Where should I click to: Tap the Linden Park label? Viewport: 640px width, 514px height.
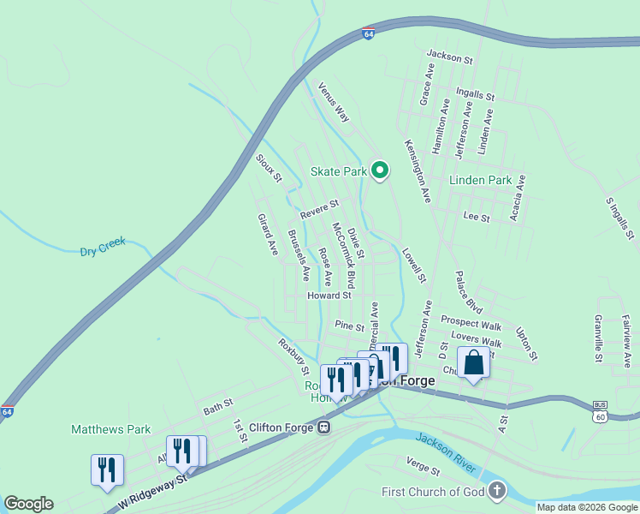point(481,181)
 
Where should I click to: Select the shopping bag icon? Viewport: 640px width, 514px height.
point(473,363)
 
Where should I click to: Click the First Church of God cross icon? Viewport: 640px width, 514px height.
point(497,491)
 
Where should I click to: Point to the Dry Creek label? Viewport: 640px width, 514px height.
point(103,248)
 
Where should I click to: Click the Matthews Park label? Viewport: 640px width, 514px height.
point(110,429)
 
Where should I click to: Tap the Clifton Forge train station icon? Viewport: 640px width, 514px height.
point(324,427)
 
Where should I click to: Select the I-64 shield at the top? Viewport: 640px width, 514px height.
point(368,34)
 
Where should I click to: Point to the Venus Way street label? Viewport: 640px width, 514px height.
point(334,101)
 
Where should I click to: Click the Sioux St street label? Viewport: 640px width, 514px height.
point(269,168)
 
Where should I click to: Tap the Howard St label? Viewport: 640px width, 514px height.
point(329,296)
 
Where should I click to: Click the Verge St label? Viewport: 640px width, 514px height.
point(423,466)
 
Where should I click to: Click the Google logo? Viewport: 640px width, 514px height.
point(28,504)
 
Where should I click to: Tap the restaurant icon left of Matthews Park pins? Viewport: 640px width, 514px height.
point(107,469)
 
